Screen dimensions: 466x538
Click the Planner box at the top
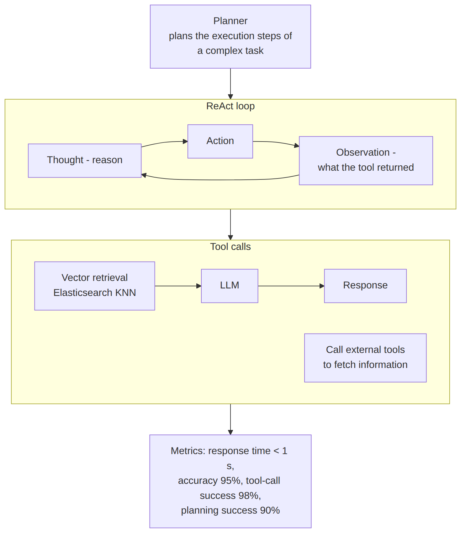click(x=230, y=37)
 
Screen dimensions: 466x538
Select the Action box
click(x=220, y=142)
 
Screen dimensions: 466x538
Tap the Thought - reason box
click(x=85, y=161)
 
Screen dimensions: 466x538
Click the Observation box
click(x=366, y=161)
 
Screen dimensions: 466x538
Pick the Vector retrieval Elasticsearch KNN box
click(x=95, y=286)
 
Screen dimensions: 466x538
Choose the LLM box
click(x=230, y=286)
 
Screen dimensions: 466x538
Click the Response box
click(x=365, y=286)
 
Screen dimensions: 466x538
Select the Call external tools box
click(x=365, y=358)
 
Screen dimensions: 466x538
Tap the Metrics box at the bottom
click(x=230, y=481)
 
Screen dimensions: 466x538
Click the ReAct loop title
click(x=230, y=106)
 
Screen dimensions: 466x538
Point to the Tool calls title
click(x=230, y=247)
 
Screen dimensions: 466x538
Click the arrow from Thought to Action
click(x=165, y=142)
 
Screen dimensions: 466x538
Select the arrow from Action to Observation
click(x=276, y=142)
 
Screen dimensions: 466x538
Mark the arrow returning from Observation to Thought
click(x=220, y=180)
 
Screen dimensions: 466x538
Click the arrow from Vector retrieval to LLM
click(x=178, y=286)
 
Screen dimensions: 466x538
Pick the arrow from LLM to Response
click(x=291, y=286)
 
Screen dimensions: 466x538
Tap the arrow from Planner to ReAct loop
click(x=230, y=84)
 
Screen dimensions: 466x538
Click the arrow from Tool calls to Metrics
click(x=230, y=419)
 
